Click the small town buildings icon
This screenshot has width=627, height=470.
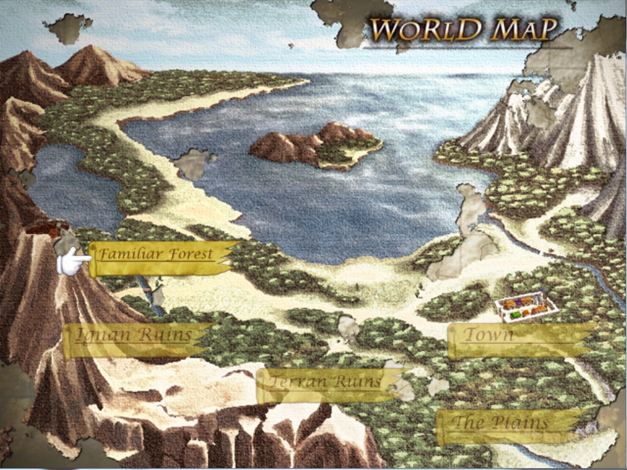coord(526,307)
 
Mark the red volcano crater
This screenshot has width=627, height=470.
coord(46,229)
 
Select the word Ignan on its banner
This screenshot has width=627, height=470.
coord(101,335)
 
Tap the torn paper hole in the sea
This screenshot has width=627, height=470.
coord(194,164)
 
